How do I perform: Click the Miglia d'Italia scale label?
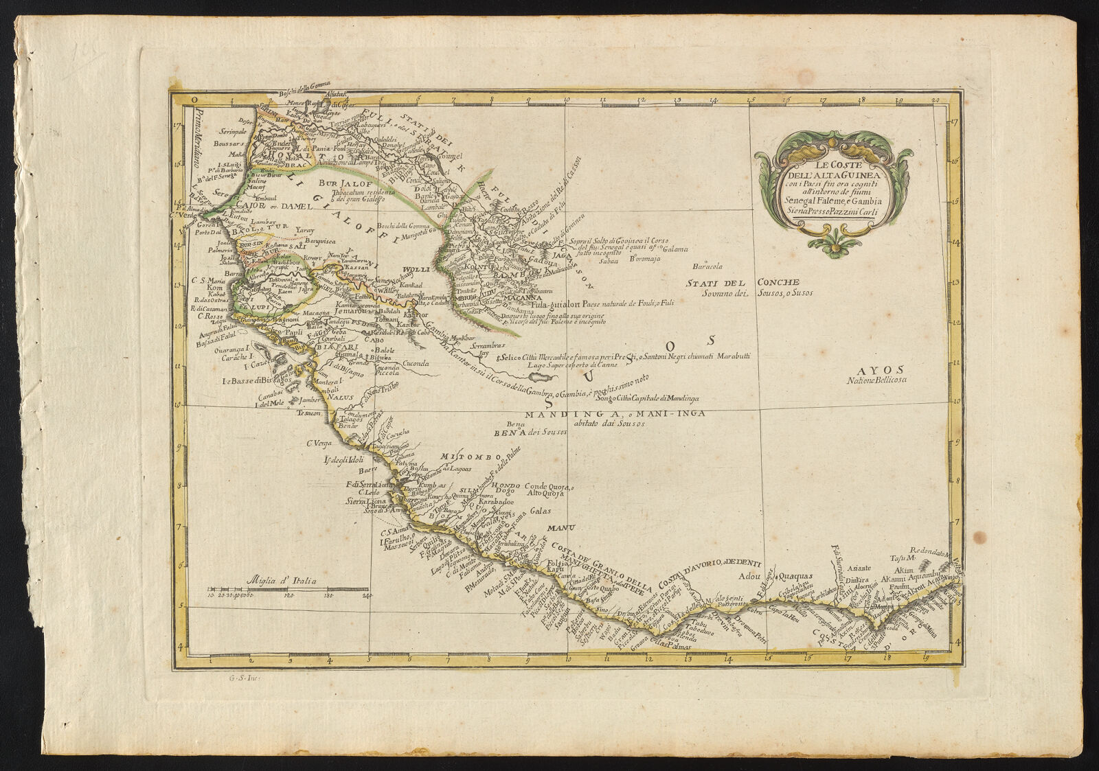click(284, 580)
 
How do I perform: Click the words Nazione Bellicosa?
click(877, 380)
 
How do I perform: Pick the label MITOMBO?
click(462, 457)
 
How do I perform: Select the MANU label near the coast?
click(556, 528)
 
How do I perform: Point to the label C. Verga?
click(319, 443)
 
